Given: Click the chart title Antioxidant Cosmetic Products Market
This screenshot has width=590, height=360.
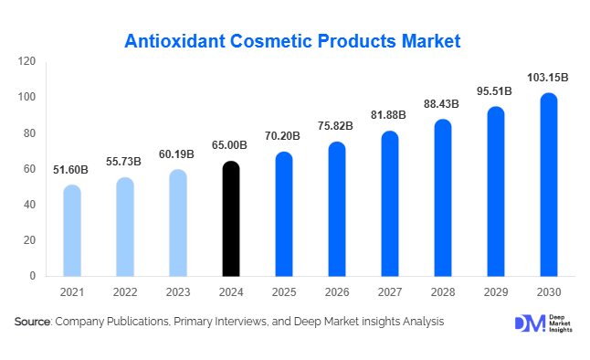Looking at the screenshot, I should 292,41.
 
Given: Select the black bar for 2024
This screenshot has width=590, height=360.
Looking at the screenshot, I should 231,219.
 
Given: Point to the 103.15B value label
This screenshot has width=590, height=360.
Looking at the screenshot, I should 549,79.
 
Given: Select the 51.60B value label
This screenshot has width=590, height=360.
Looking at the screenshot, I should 72,169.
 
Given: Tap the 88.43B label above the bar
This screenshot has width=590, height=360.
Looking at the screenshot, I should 443,104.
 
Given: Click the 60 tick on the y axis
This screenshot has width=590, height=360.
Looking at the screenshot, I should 29,169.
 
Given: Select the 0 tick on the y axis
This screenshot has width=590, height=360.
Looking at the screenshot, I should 32,276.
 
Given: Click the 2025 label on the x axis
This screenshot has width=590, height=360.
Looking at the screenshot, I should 284,292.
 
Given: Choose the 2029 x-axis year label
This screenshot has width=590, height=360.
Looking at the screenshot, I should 496,292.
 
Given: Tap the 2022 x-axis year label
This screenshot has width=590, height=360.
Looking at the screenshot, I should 125,292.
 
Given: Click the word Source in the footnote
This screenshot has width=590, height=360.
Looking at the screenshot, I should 32,322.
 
